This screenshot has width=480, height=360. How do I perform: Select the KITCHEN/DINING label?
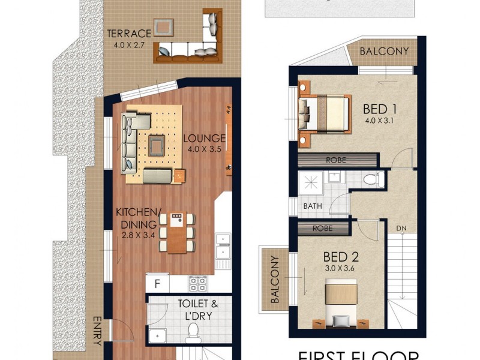tap(138, 218)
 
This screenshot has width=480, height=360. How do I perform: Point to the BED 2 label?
tap(344, 257)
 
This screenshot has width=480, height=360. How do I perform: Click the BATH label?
tap(313, 206)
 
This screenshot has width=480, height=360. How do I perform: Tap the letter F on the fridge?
tap(157, 283)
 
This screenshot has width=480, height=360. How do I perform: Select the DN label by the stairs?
tap(402, 229)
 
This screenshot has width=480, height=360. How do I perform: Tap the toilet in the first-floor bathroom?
tap(372, 178)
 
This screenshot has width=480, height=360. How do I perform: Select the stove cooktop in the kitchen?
tap(197, 282)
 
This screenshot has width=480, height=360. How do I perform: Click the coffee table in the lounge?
tap(157, 144)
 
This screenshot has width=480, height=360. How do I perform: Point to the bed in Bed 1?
tap(324, 113)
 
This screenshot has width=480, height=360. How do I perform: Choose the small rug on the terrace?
tap(163, 27)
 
